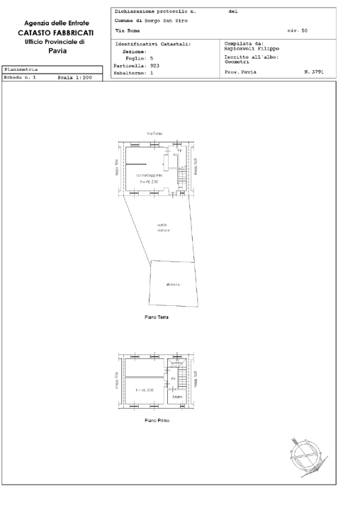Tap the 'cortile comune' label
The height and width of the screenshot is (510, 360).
tap(162, 228)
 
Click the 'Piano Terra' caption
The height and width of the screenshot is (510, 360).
tap(156, 317)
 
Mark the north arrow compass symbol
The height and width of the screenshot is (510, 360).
tap(307, 453)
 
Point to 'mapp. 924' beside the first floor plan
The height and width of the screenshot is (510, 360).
tap(117, 382)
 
